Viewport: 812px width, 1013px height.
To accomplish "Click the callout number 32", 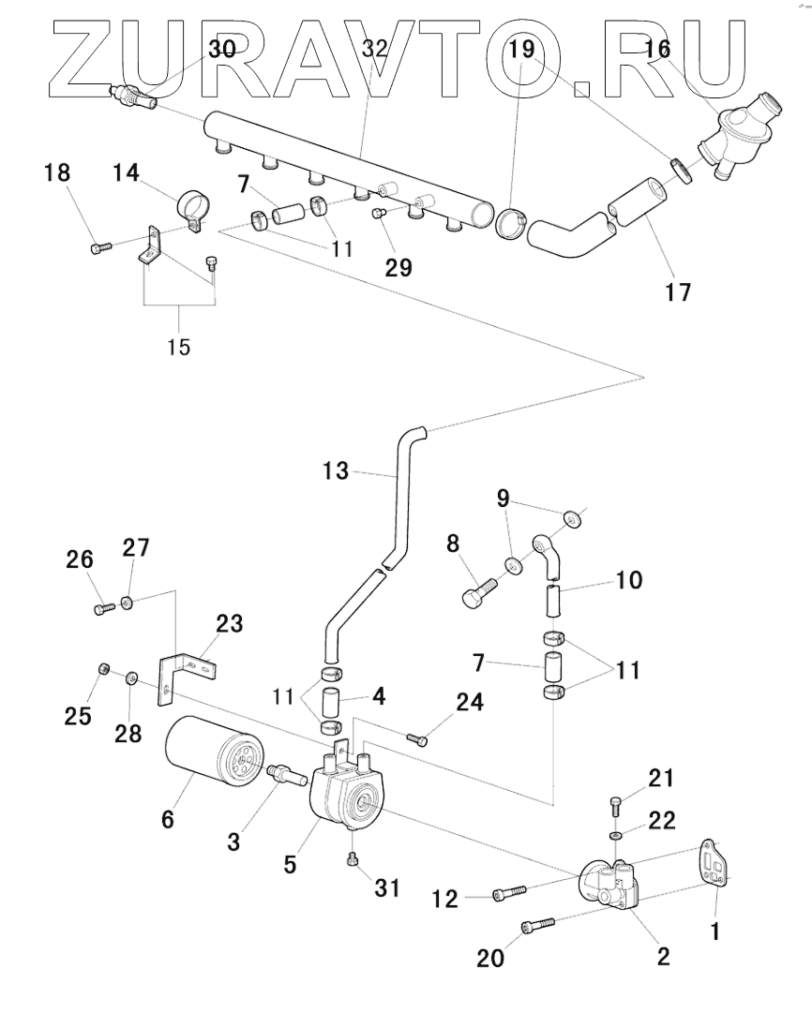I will coord(374,50).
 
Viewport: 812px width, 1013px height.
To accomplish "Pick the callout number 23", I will coord(230,623).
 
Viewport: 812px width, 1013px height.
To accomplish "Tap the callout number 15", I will coord(178,348).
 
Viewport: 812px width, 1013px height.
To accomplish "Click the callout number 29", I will coord(398,268).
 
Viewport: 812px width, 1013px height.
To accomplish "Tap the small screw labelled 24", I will coord(417,739).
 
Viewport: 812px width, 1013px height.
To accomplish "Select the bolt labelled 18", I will coord(100,246).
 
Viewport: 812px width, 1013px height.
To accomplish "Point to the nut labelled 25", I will coord(105,668).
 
